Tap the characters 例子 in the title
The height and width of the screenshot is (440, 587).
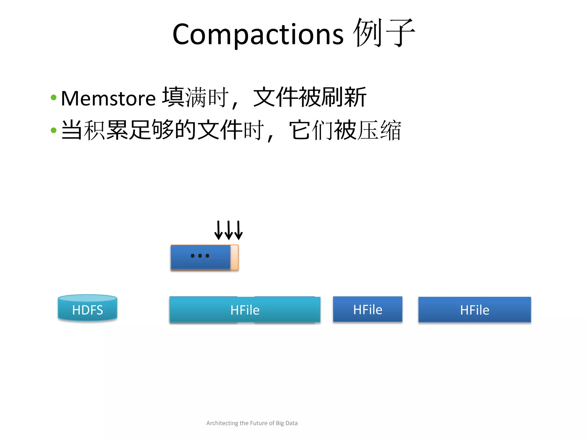(384, 33)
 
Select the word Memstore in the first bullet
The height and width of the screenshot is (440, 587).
(108, 99)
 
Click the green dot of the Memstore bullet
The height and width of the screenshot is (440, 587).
(54, 98)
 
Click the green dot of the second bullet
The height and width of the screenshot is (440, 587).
(54, 130)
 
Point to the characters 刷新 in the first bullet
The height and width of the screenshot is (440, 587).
(344, 97)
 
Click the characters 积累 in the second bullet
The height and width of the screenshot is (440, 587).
(106, 130)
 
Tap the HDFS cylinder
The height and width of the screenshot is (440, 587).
(87, 309)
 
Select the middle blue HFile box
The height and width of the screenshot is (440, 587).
(367, 309)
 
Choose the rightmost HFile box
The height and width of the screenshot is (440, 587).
(474, 310)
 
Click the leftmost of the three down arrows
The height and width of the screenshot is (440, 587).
(218, 231)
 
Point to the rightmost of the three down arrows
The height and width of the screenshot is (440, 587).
(238, 231)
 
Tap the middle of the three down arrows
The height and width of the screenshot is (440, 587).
(228, 231)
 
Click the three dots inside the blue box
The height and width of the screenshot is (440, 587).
(200, 256)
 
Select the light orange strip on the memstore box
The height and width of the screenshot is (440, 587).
(234, 257)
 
